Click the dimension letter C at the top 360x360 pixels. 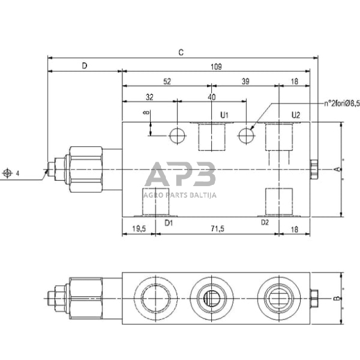click(x=181, y=53)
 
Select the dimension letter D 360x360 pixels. click(x=84, y=65)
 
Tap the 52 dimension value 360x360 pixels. click(x=167, y=81)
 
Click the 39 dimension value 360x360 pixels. click(x=245, y=81)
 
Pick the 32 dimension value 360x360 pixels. click(x=149, y=97)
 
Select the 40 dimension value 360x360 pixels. click(x=212, y=97)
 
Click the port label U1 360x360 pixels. click(x=224, y=114)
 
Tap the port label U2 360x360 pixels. click(x=295, y=114)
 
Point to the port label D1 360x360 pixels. click(x=169, y=223)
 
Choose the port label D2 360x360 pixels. click(x=264, y=223)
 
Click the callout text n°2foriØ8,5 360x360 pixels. click(x=340, y=104)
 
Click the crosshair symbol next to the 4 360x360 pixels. click(x=8, y=173)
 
